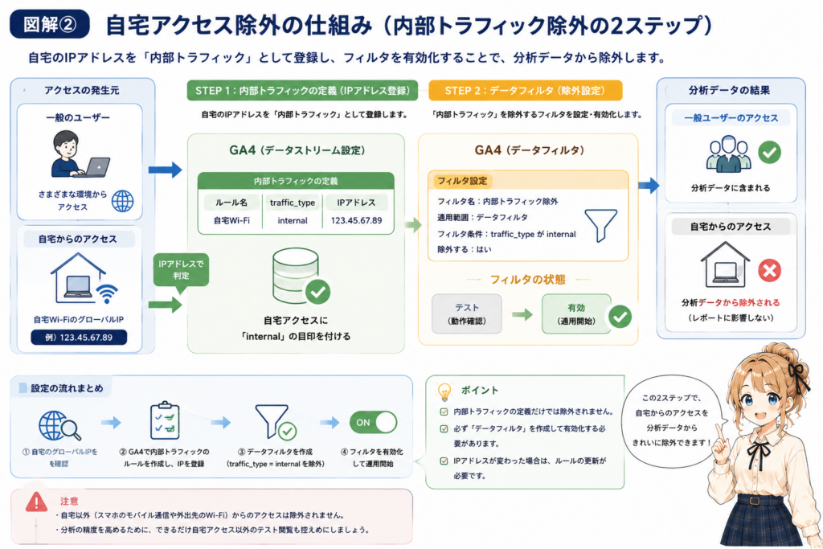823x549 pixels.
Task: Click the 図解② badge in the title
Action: coord(49,24)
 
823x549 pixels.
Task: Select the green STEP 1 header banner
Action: coord(302,90)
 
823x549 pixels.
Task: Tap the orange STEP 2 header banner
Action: coord(526,90)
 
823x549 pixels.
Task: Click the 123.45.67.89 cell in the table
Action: coord(356,220)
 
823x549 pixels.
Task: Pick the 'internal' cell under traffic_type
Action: coord(293,220)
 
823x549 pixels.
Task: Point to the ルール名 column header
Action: coord(231,203)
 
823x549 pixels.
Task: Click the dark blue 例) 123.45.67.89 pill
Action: coord(79,337)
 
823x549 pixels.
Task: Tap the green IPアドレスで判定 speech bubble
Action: coord(181,270)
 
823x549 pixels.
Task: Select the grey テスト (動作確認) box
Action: coord(467,313)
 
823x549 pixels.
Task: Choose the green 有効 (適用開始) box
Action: coord(576,313)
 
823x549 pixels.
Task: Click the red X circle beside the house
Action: coord(769,271)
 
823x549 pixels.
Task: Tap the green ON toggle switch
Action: coord(373,423)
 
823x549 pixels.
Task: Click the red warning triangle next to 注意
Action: coord(36,502)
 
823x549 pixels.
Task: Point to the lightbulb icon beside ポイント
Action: coord(444,391)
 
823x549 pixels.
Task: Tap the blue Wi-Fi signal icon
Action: coord(107,293)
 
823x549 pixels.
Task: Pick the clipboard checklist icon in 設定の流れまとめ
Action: coord(165,420)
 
